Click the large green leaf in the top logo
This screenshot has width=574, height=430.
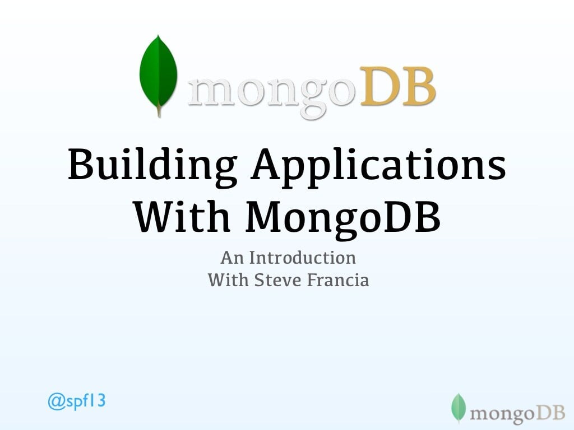click(158, 73)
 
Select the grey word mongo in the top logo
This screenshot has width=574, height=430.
click(272, 92)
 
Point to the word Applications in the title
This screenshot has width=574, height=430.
click(378, 166)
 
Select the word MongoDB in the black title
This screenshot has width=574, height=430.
click(343, 217)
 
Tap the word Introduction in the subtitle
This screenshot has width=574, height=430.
click(303, 258)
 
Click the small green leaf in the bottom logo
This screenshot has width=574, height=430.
click(459, 407)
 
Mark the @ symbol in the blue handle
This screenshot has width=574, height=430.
click(55, 403)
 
